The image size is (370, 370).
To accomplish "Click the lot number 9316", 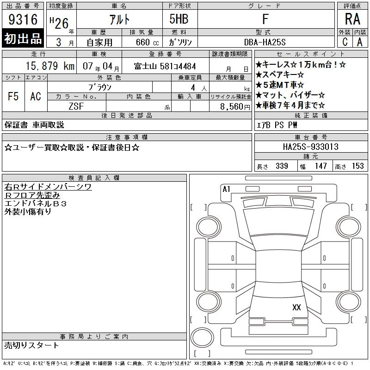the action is coord(23,19).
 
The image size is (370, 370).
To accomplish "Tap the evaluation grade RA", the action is coord(352,19).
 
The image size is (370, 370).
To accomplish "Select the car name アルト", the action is coord(119,19).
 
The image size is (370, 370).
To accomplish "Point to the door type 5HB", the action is coord(179,19).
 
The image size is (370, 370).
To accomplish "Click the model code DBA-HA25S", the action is coord(265,42).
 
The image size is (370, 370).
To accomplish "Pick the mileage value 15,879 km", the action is coord(50,66).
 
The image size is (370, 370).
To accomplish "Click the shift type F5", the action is coord(13,96).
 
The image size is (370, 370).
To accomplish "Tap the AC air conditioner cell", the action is coord(36,96).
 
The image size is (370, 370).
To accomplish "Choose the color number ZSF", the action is coord(76,106).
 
